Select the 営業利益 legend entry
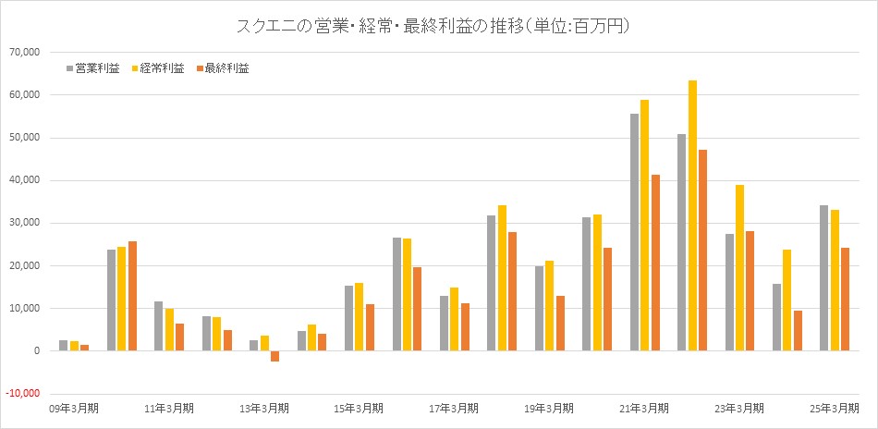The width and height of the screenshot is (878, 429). pos(92,67)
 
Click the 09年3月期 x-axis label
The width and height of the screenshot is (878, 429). pos(75,408)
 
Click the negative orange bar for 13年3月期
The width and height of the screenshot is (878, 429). pos(274,356)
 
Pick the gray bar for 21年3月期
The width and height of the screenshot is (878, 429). pos(634,232)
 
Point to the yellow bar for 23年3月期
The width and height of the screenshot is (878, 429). pos(739,267)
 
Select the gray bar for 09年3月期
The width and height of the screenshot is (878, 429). pos(64,345)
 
